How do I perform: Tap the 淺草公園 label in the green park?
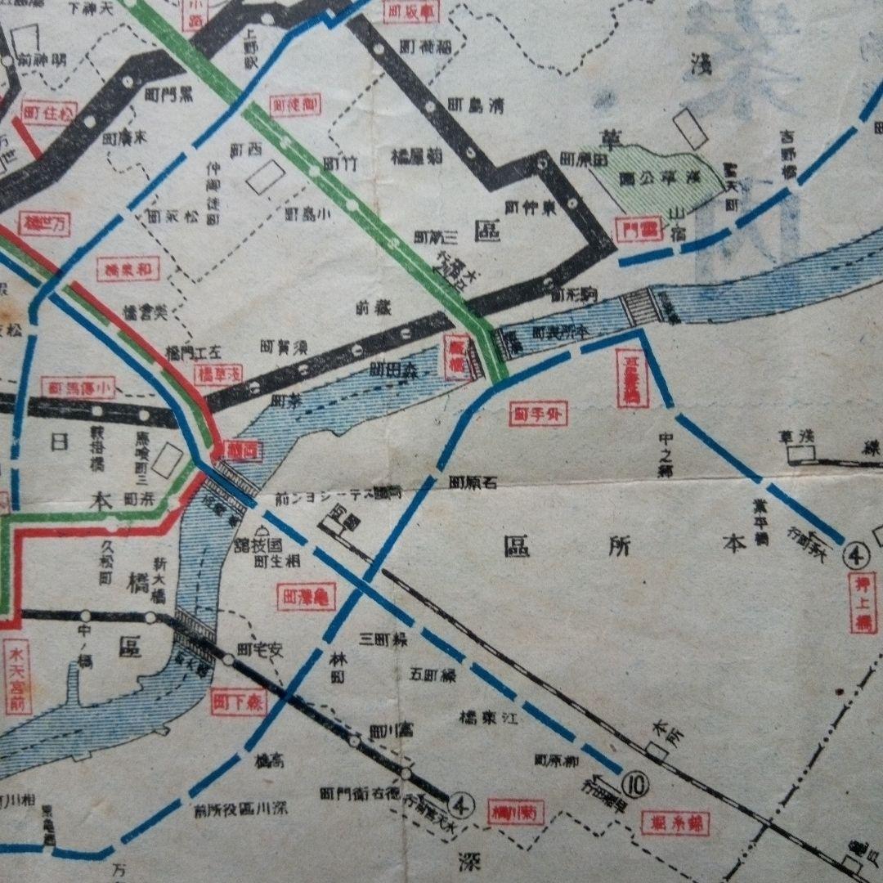(x=655, y=177)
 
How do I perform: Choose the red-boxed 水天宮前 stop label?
(x=17, y=678)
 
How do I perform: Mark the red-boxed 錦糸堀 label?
(x=675, y=822)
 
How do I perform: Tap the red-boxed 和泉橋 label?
(x=128, y=269)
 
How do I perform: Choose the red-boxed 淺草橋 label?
(x=218, y=374)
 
